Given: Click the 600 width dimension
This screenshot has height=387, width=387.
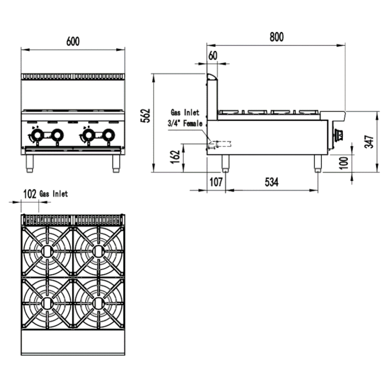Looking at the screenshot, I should (x=73, y=41).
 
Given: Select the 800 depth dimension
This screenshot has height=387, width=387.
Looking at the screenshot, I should (x=277, y=37).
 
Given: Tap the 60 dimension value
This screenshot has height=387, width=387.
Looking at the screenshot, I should (x=213, y=56).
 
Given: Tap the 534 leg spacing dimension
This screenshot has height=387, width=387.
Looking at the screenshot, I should (x=272, y=182).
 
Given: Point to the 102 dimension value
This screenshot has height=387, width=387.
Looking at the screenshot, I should (x=30, y=193).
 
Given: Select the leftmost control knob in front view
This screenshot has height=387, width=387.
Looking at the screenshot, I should (x=37, y=135).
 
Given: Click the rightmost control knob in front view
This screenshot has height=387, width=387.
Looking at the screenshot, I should (x=108, y=135).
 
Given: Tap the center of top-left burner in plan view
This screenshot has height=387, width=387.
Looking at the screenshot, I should (x=47, y=251).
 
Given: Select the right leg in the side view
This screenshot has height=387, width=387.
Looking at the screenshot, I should (x=317, y=164).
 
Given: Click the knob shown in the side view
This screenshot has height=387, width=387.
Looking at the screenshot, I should (x=339, y=134).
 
